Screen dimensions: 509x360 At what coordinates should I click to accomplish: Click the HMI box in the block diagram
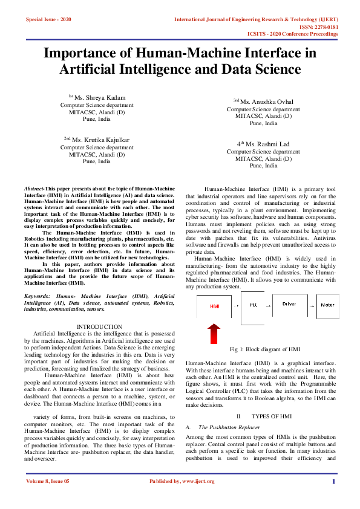tap(215, 306)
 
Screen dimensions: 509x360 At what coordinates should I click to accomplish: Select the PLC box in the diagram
tap(254, 305)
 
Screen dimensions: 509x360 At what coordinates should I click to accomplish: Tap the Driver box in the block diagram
tap(289, 304)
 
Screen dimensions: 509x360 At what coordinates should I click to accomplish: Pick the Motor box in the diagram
tap(327, 305)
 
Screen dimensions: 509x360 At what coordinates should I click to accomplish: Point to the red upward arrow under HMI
tap(214, 334)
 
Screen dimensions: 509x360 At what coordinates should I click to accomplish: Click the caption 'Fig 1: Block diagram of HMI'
tap(265, 350)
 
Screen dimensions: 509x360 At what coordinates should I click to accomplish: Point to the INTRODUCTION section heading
tap(99, 327)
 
